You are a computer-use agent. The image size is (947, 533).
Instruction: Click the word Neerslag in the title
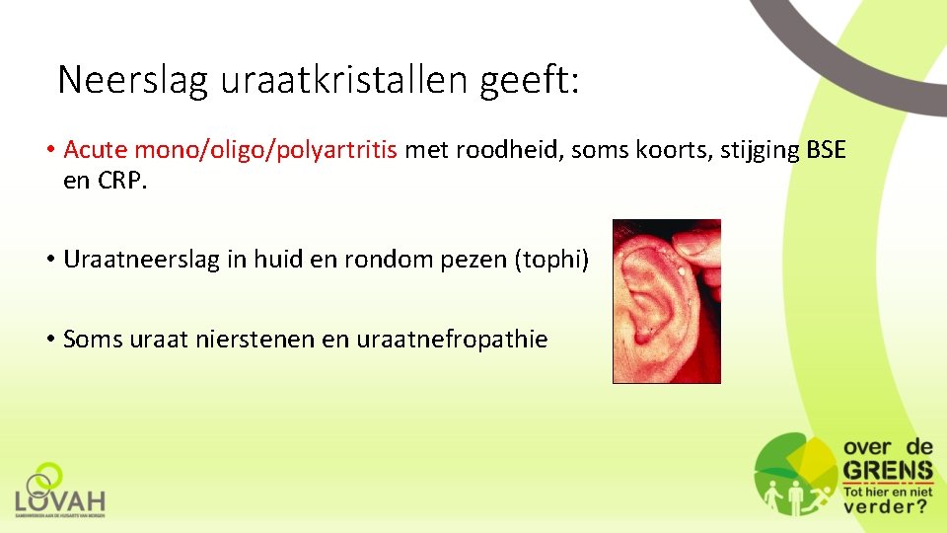point(133,80)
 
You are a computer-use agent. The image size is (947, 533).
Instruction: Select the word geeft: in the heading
point(531,80)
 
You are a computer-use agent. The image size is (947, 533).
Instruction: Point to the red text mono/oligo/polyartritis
point(266,150)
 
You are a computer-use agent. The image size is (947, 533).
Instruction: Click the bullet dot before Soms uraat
point(48,340)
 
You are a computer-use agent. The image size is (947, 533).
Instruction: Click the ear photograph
point(666,301)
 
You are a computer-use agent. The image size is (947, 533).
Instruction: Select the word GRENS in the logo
point(887,470)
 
